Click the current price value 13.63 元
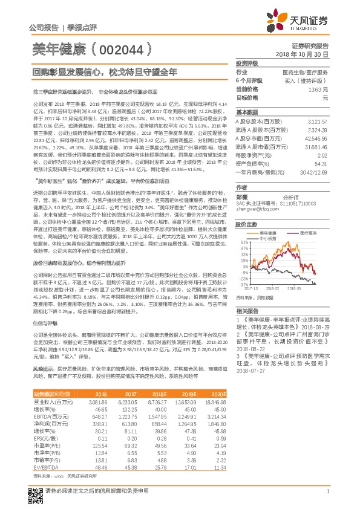click(x=318, y=89)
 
